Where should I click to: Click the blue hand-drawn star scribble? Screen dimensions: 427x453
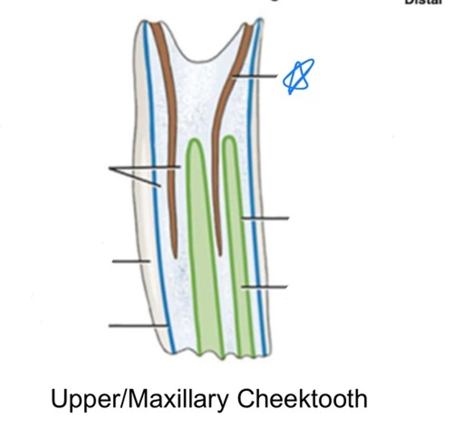pos(298,76)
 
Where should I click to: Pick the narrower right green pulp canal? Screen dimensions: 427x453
pos(238,249)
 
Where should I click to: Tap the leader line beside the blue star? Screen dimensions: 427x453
pos(254,76)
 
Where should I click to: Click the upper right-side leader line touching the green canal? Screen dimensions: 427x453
pos(265,218)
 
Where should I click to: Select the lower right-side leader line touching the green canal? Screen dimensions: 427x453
pos(264,287)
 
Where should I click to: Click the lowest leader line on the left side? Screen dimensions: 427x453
pos(137,325)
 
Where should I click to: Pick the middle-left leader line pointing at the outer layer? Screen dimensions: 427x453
pos(131,261)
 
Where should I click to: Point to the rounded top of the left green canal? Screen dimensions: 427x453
pos(194,141)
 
